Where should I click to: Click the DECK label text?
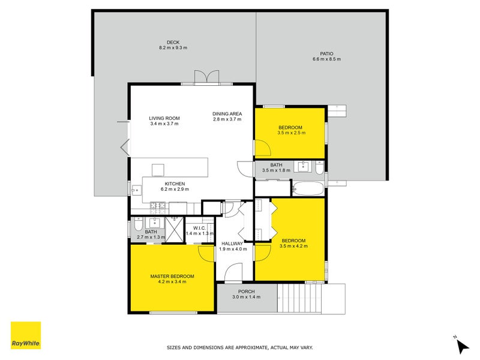[x=173, y=42]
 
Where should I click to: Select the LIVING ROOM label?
[x=164, y=118]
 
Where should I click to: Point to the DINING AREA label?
[x=227, y=113]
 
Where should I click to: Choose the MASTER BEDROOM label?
[x=172, y=276]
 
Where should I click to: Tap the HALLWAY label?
[x=233, y=243]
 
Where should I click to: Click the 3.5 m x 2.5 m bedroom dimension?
[x=292, y=133]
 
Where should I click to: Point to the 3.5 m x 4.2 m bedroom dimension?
[x=293, y=246]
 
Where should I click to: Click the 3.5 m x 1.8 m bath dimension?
[x=276, y=170]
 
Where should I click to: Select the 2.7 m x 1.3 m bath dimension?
[x=151, y=238]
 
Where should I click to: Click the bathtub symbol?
[x=308, y=190]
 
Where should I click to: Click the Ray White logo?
[x=26, y=335]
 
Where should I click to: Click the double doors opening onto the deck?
[x=206, y=77]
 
